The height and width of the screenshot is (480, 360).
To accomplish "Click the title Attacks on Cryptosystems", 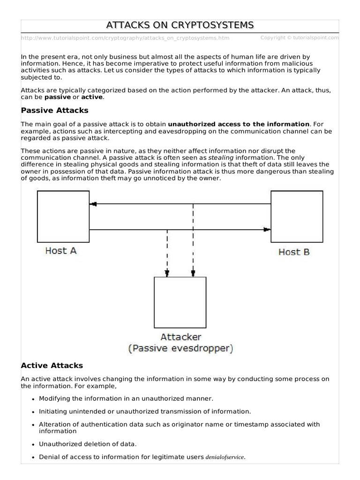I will [180, 25].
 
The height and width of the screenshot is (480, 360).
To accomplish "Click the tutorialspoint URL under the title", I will [125, 38].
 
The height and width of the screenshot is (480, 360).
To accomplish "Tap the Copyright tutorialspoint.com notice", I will [299, 37].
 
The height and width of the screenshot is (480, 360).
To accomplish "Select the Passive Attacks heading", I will [55, 111].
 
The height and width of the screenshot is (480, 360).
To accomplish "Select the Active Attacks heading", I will [52, 366].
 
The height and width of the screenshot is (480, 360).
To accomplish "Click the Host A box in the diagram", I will [63, 216].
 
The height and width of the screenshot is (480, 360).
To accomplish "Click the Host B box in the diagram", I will [297, 216].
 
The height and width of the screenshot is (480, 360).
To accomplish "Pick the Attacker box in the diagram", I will [180, 302].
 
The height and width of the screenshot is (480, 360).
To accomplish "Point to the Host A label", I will [61, 251].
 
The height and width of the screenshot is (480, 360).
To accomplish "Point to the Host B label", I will [294, 252].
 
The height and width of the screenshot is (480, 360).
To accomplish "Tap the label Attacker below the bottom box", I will [180, 337].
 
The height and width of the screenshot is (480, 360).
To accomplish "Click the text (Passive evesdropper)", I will [180, 348].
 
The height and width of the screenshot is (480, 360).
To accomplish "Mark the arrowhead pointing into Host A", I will [93, 204].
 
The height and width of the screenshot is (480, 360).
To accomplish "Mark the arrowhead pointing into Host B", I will [267, 230].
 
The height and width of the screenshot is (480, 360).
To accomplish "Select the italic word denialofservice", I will [225, 457].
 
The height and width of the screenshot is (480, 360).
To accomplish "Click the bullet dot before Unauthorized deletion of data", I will [33, 444].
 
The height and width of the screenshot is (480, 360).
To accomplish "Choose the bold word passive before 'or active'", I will [58, 97].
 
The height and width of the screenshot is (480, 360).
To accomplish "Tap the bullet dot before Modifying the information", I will [33, 398].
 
